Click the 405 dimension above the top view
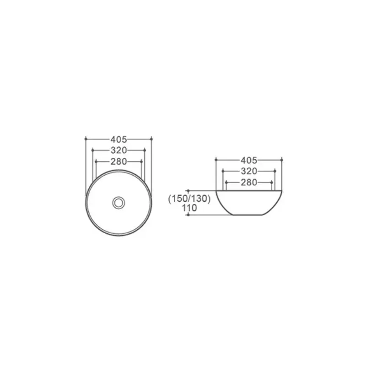coord(118,140)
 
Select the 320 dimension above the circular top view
coord(118,151)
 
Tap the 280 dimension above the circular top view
coord(118,161)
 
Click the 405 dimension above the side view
coord(249,161)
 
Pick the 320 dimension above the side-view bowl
coord(249,171)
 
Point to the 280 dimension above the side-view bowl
coord(249,183)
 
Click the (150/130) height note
coord(189,199)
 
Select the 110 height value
coord(189,208)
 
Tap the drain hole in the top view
coord(118,203)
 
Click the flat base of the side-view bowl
coord(248,215)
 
